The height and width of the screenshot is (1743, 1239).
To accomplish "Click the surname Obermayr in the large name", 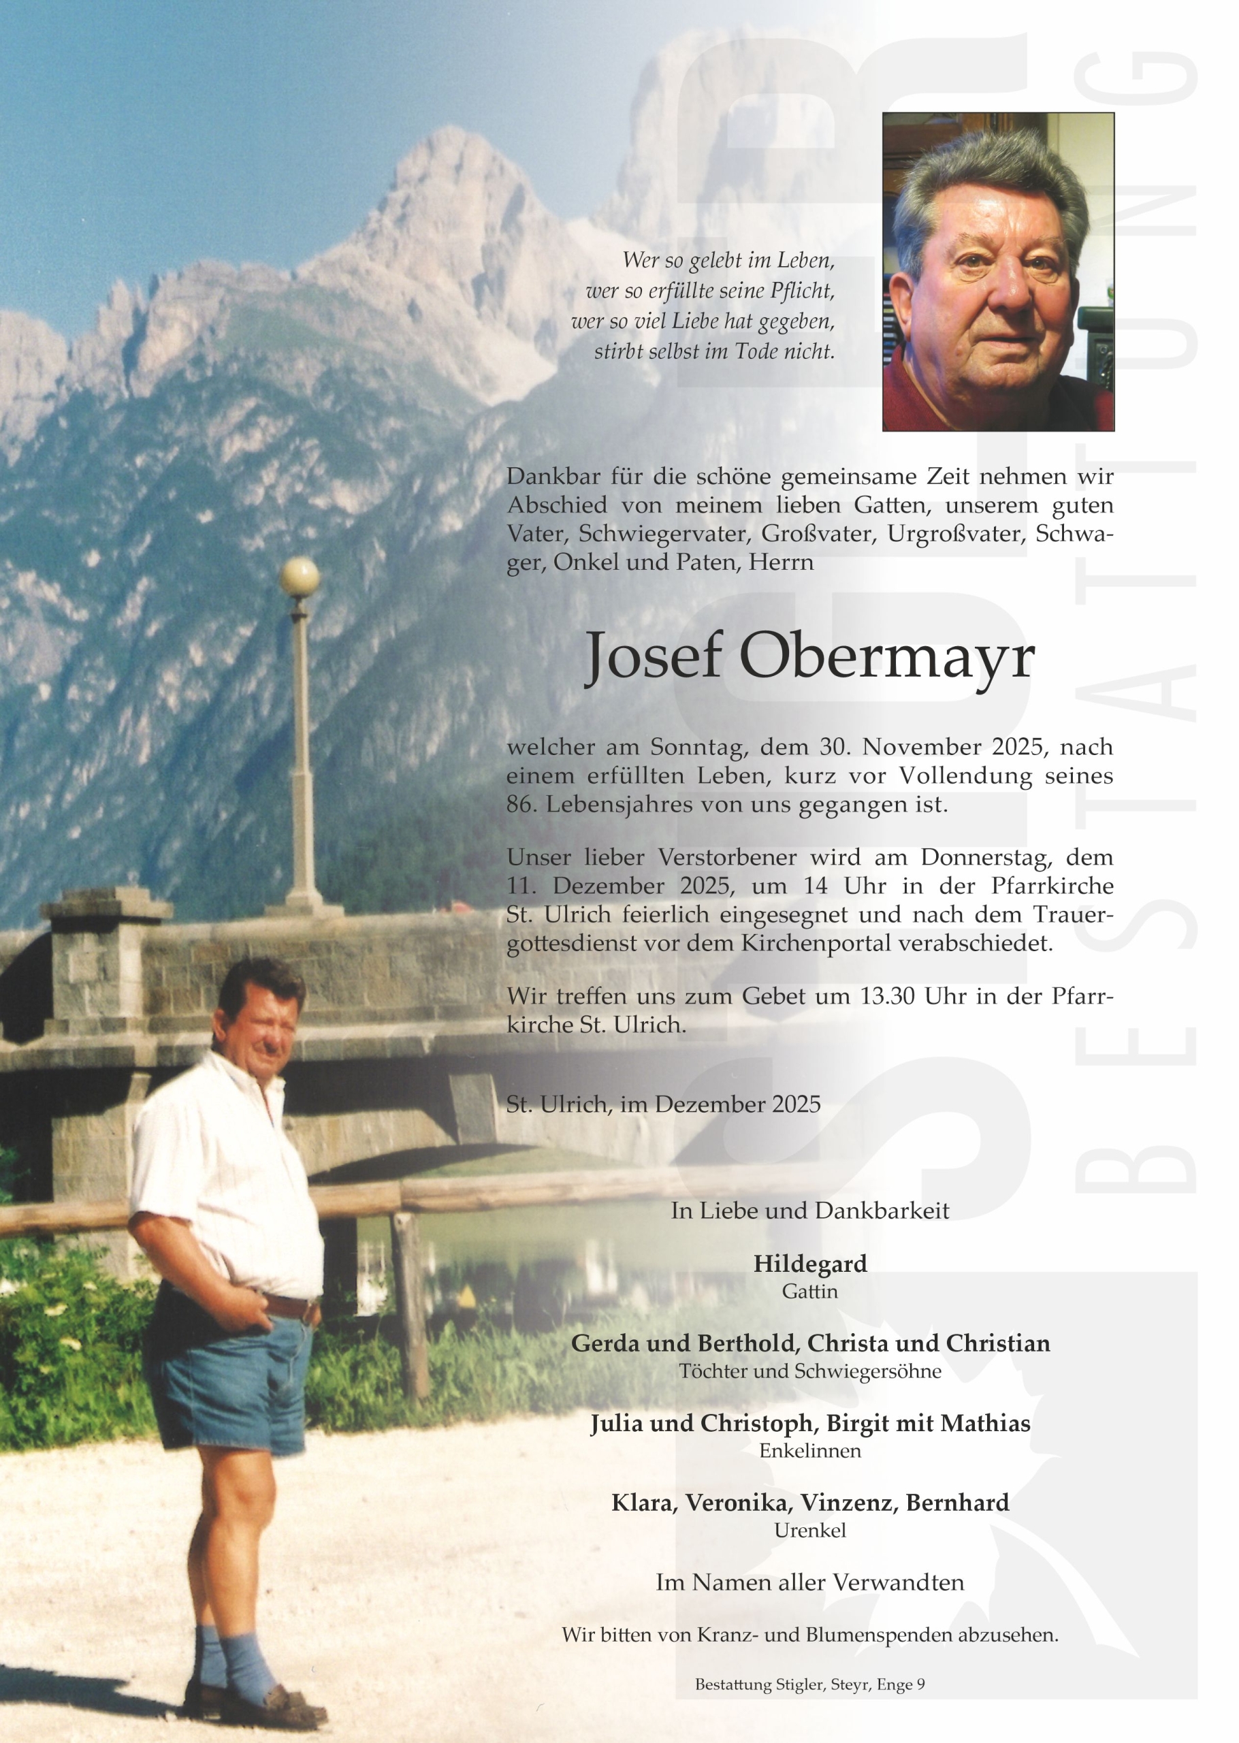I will pos(887,658).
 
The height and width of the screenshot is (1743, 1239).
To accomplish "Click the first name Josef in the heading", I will pos(652,658).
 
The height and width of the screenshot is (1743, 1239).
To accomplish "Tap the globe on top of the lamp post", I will pos(299,577).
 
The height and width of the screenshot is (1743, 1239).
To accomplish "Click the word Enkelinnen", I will pos(809,1451).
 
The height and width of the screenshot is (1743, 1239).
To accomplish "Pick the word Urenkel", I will pos(809,1530).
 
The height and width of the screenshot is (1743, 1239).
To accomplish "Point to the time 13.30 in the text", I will pos(887,996).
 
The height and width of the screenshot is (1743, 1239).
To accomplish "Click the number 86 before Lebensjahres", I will pos(519,805).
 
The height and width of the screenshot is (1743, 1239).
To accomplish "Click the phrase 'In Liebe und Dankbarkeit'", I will pos(809,1211).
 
